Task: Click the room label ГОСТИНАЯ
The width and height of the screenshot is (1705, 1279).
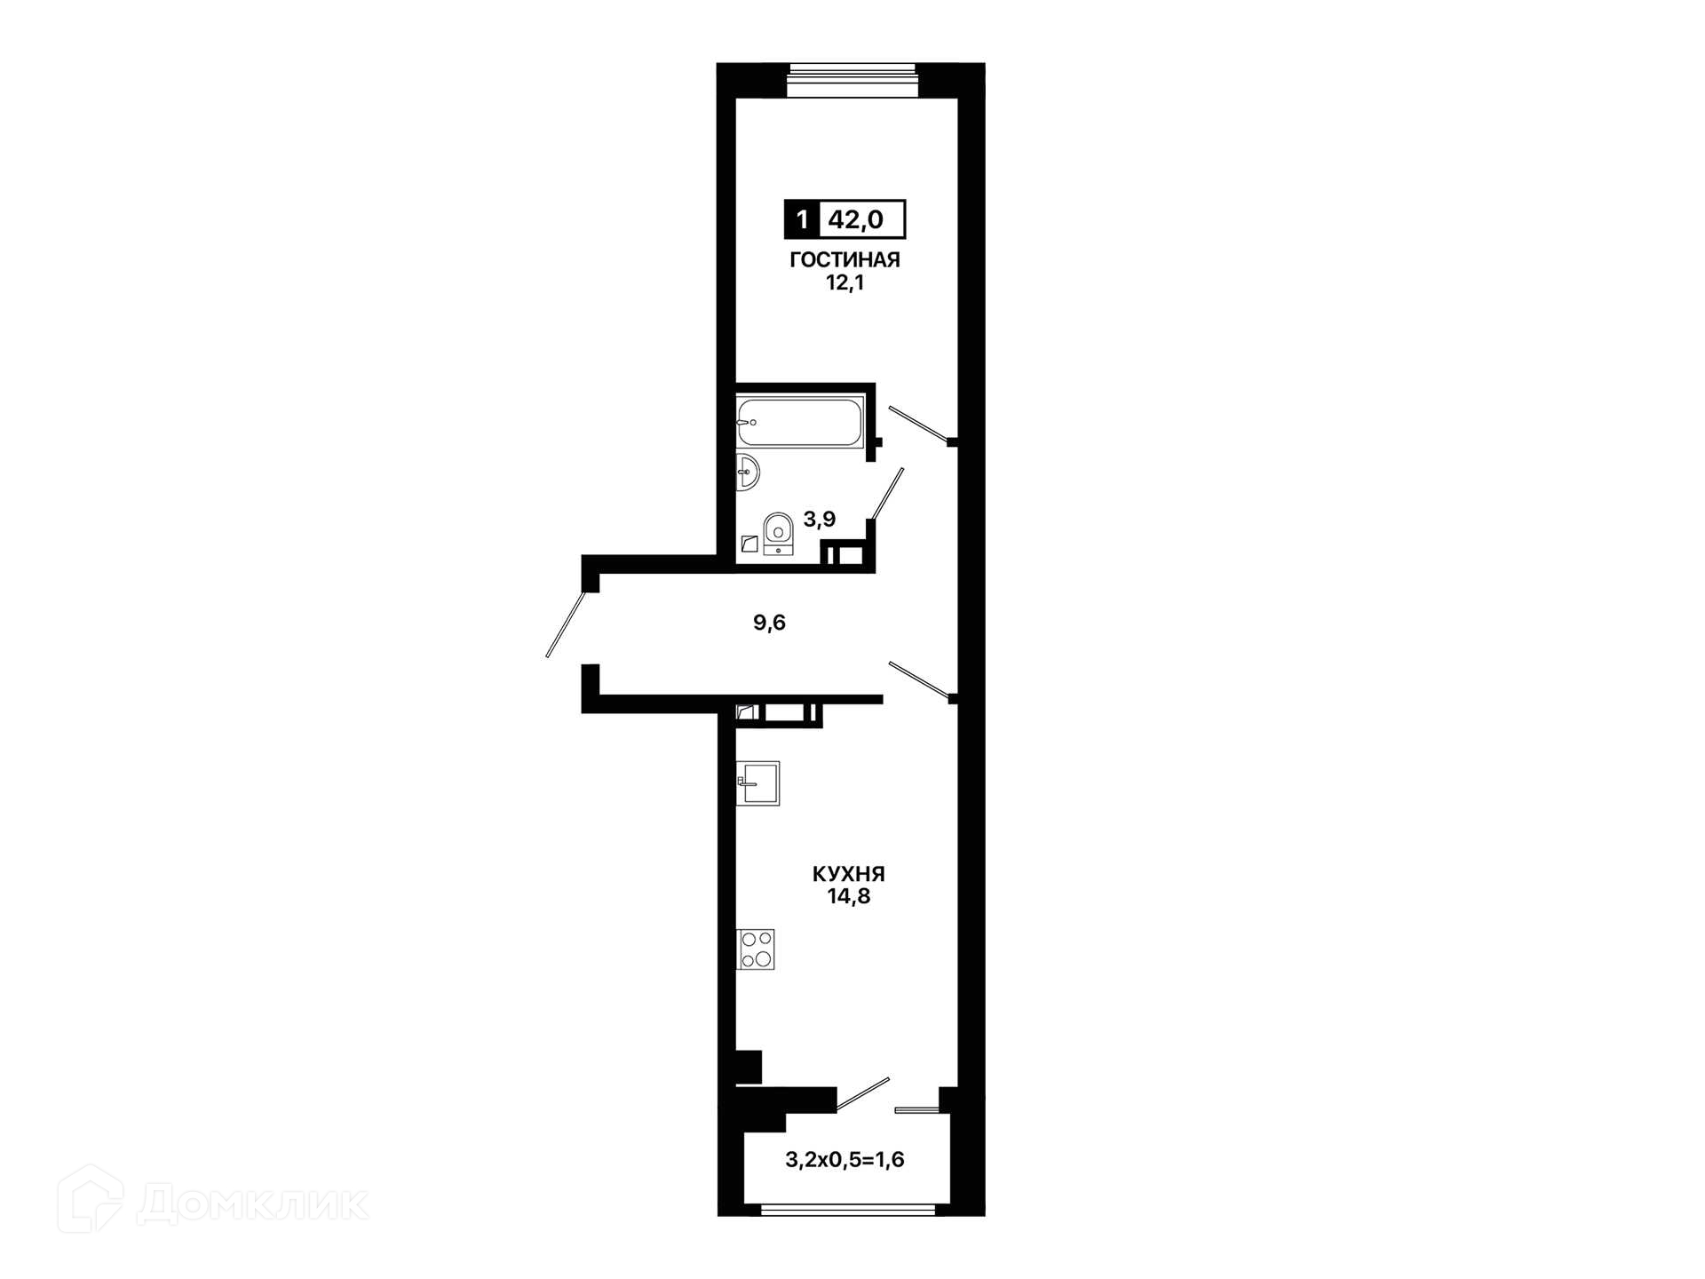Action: pyautogui.click(x=845, y=259)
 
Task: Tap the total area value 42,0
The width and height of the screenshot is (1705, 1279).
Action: pyautogui.click(x=856, y=219)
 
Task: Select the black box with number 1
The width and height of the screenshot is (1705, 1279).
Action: pyautogui.click(x=802, y=219)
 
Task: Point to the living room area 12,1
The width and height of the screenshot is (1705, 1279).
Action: pyautogui.click(x=845, y=283)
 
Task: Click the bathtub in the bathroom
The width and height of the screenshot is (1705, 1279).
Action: pyautogui.click(x=800, y=423)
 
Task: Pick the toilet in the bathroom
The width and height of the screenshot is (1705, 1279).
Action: pyautogui.click(x=778, y=533)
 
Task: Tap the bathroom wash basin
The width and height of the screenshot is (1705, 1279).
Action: pyautogui.click(x=748, y=471)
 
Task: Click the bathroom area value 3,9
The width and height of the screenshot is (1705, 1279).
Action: pyautogui.click(x=819, y=520)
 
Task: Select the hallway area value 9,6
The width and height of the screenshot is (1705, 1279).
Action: pyautogui.click(x=769, y=623)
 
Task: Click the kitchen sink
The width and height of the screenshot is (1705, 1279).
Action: pyautogui.click(x=757, y=783)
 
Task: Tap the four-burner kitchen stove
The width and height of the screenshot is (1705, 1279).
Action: pyautogui.click(x=756, y=949)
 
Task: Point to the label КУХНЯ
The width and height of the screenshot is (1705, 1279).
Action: pyautogui.click(x=848, y=874)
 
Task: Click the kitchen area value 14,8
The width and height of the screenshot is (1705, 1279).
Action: pyautogui.click(x=848, y=896)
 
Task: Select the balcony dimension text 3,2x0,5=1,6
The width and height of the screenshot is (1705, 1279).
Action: pyautogui.click(x=845, y=1159)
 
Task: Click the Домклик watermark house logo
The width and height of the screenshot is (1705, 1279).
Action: pyautogui.click(x=90, y=1199)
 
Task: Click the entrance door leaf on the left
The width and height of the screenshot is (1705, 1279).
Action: pyautogui.click(x=566, y=624)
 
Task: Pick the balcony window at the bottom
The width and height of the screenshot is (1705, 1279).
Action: pyautogui.click(x=848, y=1209)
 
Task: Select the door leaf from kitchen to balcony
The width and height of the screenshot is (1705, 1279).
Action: pyautogui.click(x=862, y=1094)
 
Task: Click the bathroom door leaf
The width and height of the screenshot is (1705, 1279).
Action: pyautogui.click(x=887, y=494)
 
